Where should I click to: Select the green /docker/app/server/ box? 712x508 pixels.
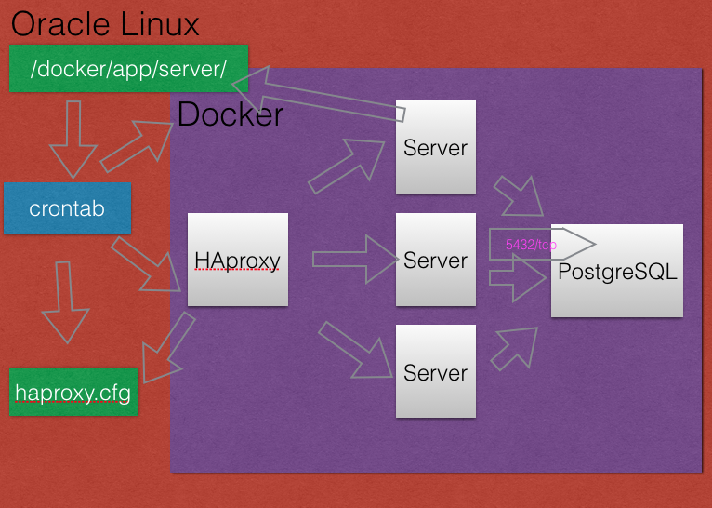[129, 69]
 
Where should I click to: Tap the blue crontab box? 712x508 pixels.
[67, 207]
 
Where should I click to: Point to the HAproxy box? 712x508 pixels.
[237, 260]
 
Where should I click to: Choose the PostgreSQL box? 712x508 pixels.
[617, 271]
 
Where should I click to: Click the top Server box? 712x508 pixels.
[435, 147]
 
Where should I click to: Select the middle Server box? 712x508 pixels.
[435, 260]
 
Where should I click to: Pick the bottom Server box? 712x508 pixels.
[435, 371]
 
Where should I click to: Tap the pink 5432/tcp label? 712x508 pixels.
[531, 244]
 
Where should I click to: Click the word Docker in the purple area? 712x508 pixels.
[231, 115]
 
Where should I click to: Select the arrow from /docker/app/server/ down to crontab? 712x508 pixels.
[74, 140]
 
